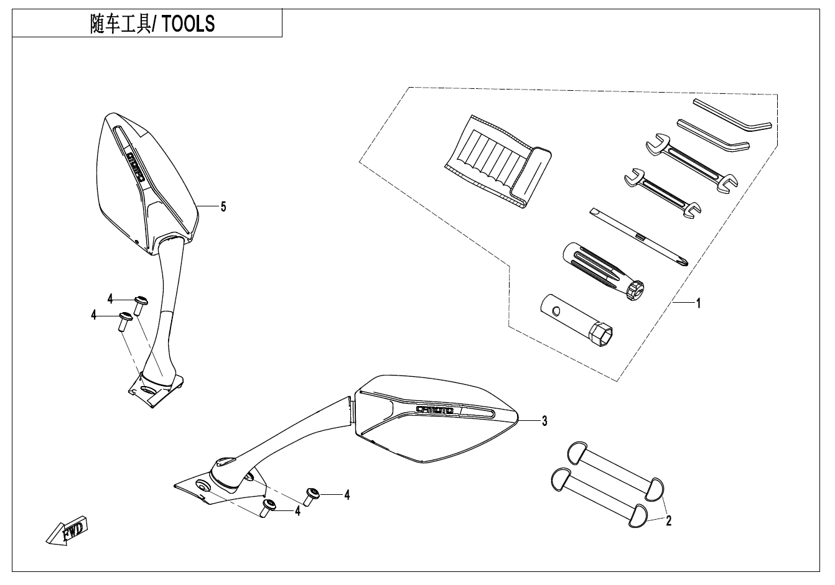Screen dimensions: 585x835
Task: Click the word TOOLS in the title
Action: (190, 24)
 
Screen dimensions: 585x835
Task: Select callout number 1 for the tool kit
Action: (698, 303)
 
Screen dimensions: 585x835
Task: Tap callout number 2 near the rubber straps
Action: (668, 521)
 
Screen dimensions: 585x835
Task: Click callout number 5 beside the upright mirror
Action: (223, 206)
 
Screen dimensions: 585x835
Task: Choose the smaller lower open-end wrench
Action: (662, 195)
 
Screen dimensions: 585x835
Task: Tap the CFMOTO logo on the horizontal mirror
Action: (436, 410)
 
